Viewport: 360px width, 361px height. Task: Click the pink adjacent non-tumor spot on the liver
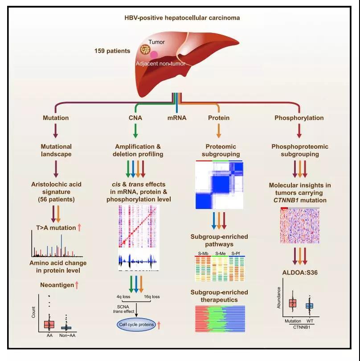pos(154,55)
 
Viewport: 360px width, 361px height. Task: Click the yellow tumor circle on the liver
pos(146,49)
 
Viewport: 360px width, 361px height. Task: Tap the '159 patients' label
pos(112,51)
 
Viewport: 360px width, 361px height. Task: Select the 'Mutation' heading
pos(56,118)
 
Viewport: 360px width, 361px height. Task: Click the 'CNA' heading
pos(135,118)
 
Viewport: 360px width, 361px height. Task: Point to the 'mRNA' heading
pos(177,118)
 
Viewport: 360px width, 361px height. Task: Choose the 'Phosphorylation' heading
pos(299,118)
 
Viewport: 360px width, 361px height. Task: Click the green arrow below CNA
pos(135,131)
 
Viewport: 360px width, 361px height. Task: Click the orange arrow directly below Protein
pos(219,131)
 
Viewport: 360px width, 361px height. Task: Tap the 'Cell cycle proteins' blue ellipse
pos(136,324)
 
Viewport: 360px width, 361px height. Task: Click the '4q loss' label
pos(123,297)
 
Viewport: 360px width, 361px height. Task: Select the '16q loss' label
pos(151,297)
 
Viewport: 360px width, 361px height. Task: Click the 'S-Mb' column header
pos(203,254)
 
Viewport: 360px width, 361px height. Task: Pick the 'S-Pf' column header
pos(236,254)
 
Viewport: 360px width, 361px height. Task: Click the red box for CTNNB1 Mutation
pos(293,303)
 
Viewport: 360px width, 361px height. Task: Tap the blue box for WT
pos(309,306)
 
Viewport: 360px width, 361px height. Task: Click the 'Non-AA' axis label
pos(67,336)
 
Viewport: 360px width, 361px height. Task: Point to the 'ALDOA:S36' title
pos(300,273)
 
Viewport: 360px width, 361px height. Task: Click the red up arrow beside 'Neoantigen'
pos(77,285)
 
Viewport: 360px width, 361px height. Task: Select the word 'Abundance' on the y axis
pos(279,298)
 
